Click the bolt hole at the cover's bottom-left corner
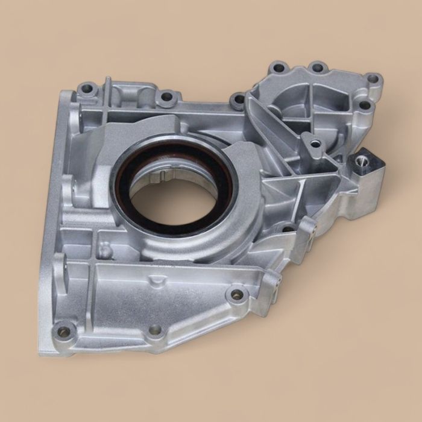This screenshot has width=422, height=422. (x=63, y=332)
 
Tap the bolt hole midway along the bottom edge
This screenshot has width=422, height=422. (x=156, y=330)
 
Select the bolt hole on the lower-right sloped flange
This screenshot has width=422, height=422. (x=237, y=295)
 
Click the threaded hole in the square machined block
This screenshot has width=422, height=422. (x=364, y=160)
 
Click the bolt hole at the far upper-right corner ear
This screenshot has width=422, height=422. (x=373, y=78)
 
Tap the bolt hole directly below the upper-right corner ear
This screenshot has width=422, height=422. (x=364, y=105)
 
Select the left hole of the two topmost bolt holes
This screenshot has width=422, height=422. (x=279, y=68)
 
